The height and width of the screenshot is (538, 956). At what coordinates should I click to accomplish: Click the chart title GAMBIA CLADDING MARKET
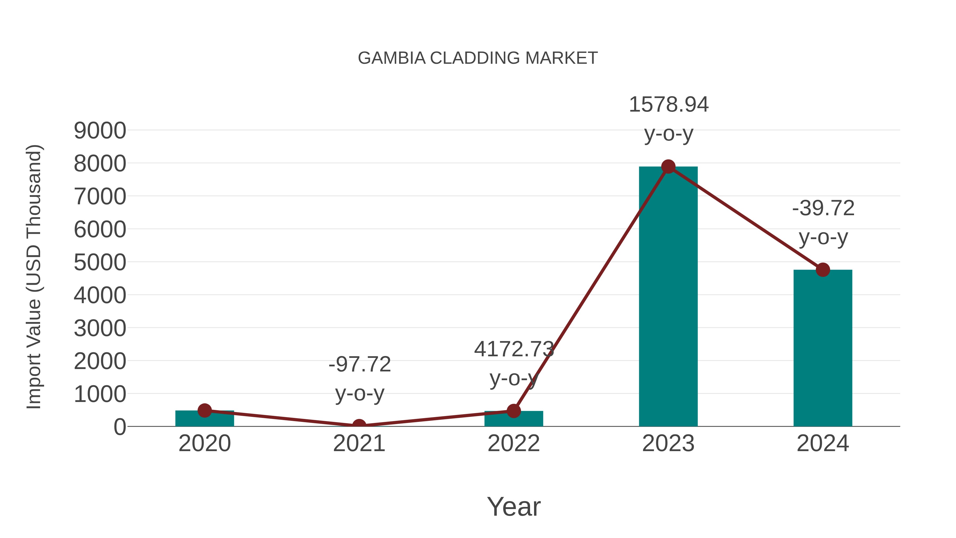pos(478,58)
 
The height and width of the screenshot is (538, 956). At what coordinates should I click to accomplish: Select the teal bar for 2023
pos(668,297)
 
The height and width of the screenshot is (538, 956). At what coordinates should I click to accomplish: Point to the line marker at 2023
pos(668,167)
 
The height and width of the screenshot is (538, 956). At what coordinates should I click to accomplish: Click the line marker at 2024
pos(823,270)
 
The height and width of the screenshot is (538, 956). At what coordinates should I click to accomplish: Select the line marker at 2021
pos(359,426)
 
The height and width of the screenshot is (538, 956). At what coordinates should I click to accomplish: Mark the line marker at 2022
pos(514,411)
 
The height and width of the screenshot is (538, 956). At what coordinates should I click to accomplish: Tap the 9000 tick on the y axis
pos(100,131)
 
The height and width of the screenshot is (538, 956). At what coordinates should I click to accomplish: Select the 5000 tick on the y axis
pos(100,262)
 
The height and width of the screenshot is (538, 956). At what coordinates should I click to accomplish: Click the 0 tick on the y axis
pos(120,427)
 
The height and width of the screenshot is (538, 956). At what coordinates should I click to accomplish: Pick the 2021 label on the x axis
pos(359,443)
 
